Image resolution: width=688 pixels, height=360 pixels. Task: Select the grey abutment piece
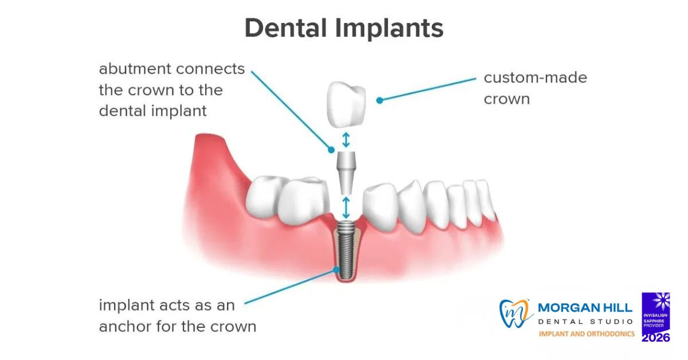[x=346, y=171]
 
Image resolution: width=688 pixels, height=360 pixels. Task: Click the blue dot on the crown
[x=379, y=100]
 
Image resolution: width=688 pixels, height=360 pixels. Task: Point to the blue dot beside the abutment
[x=331, y=150]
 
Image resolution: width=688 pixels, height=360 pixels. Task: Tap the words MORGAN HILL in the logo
[x=585, y=308]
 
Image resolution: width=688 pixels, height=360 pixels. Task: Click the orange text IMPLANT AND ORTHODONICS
[x=586, y=334]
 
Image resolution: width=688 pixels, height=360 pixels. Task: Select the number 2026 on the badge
[x=656, y=338]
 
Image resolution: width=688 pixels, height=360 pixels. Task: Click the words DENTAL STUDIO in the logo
[x=585, y=321]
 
